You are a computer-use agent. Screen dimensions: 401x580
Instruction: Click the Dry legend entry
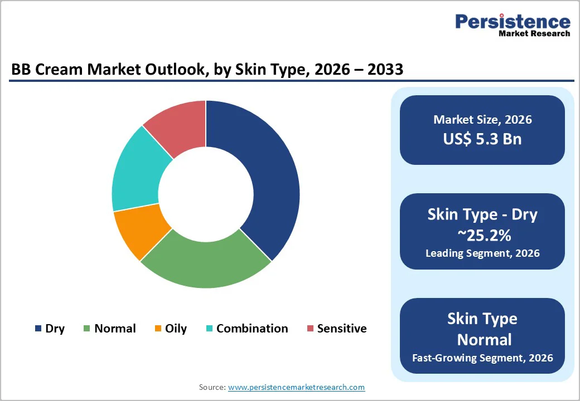click(x=50, y=329)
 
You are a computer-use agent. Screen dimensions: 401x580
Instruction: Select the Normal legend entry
click(x=109, y=329)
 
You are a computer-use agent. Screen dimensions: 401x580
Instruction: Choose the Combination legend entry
click(x=246, y=329)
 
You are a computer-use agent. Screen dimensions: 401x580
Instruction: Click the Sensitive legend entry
click(x=336, y=329)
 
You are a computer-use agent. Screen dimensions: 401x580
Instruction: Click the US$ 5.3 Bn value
click(x=482, y=139)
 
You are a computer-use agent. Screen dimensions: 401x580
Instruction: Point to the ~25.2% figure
click(x=482, y=235)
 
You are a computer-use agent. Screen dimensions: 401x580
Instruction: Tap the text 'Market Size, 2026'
click(x=482, y=120)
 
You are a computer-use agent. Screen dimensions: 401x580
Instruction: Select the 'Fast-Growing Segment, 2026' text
click(x=482, y=357)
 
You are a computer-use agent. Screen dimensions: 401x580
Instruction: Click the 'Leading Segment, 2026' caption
click(x=482, y=253)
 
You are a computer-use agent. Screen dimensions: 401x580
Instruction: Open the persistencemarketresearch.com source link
click(x=296, y=387)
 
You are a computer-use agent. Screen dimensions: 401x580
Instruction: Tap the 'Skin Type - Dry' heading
click(x=482, y=214)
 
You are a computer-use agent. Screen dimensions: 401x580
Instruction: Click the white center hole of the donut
click(x=206, y=194)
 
